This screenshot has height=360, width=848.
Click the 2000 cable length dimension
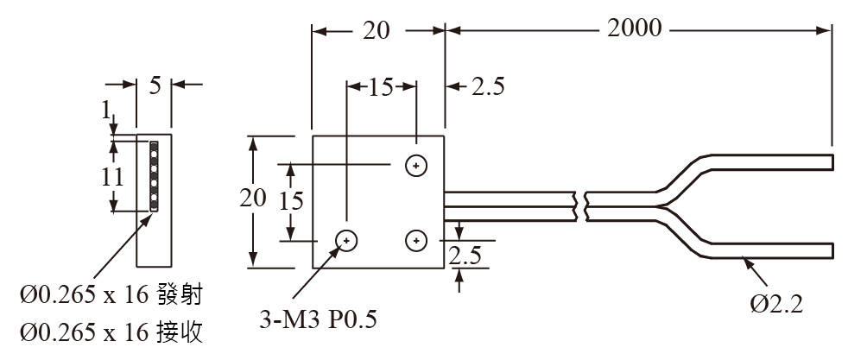click(635, 28)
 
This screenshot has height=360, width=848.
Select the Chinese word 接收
click(180, 331)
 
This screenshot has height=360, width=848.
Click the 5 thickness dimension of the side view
click(155, 85)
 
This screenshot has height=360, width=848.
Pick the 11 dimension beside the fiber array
click(111, 177)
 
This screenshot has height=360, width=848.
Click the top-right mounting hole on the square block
click(417, 164)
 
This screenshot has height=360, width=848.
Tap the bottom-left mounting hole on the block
click(347, 240)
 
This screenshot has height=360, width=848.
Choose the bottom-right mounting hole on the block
click(417, 240)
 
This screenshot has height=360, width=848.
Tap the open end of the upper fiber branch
click(832, 162)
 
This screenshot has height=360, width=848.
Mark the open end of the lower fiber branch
click(832, 250)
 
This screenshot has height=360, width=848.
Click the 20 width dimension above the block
click(376, 30)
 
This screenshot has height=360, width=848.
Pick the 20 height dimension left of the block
click(253, 199)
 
